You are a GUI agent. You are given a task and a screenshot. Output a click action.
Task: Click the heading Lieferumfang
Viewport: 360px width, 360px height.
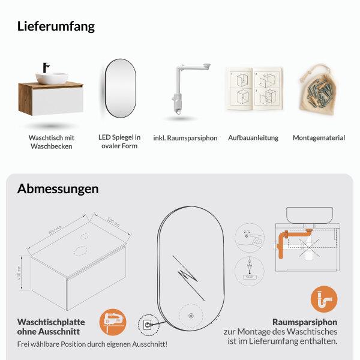[56, 26]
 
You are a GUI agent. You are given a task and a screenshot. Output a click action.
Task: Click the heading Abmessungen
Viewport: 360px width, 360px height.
[58, 189]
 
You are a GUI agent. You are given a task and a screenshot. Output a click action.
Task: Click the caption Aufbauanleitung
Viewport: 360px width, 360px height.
[253, 138]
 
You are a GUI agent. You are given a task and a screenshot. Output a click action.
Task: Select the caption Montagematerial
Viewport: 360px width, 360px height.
[319, 138]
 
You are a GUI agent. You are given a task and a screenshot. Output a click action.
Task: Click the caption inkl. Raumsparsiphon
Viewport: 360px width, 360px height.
[185, 138]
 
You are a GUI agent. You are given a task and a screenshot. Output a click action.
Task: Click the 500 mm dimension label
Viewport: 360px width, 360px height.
[113, 221]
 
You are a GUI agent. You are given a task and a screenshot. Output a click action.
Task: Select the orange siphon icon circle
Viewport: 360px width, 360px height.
[324, 299]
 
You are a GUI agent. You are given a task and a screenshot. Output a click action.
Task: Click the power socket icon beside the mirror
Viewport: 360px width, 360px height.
[146, 325]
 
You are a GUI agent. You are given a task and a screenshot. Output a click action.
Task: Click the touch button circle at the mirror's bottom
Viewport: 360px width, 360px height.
[190, 316]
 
